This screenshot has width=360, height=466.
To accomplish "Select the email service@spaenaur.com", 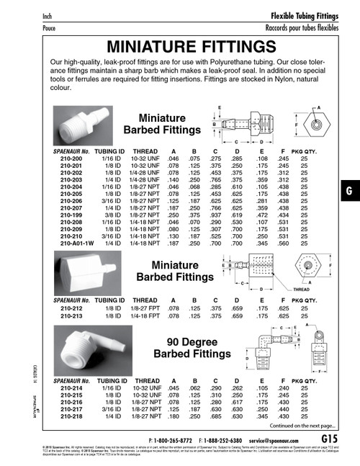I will coord(276,439).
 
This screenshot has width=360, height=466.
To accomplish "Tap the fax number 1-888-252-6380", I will coord(228,439).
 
